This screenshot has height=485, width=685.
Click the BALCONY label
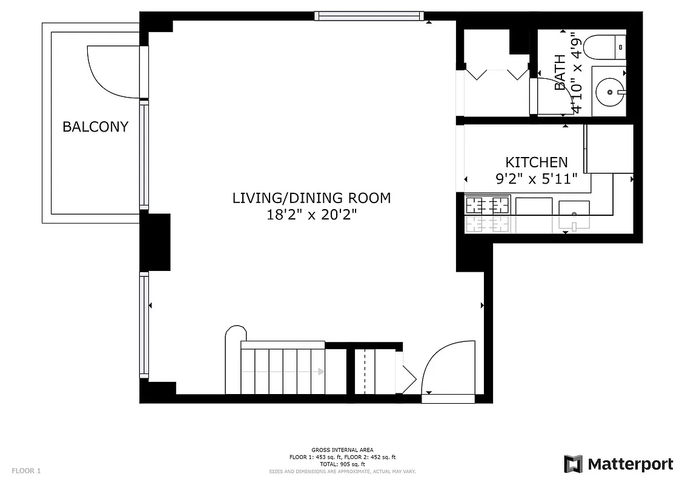95,127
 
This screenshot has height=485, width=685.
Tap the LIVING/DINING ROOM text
311,198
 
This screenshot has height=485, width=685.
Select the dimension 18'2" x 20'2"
311,215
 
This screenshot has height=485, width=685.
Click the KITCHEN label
537,162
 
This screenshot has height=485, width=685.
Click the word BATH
560,73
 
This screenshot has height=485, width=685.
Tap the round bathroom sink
607,93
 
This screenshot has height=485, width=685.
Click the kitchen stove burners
487,214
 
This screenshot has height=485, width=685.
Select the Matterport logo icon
573,464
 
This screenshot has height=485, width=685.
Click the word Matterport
630,464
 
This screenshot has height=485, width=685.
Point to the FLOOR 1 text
26,470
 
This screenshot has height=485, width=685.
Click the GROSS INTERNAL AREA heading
342,450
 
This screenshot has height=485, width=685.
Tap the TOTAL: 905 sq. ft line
342,464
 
